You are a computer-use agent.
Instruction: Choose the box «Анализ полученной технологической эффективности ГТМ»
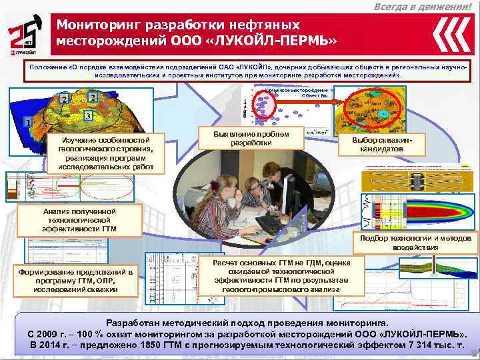(x=79, y=220)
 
